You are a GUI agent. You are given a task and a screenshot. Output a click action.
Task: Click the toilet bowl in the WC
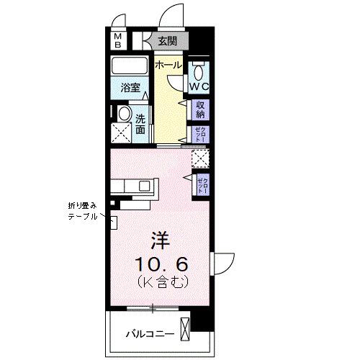pyautogui.click(x=199, y=71)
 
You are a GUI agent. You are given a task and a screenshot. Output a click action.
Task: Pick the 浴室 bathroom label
pyautogui.click(x=130, y=92)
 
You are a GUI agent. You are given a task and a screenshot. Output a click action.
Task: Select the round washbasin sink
pyautogui.click(x=123, y=114)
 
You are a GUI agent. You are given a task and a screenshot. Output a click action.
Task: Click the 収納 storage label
pyautogui.click(x=201, y=109)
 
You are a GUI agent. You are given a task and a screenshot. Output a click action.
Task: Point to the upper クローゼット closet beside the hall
pyautogui.click(x=199, y=133)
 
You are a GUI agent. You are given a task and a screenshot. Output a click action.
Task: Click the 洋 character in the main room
pyautogui.click(x=160, y=239)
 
